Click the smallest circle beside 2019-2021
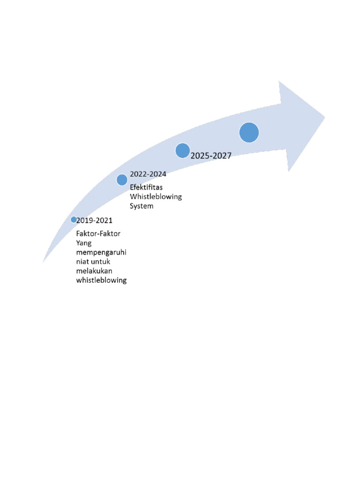[74, 219]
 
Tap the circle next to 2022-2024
[122, 180]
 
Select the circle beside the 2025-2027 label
[182, 150]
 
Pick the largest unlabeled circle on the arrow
[249, 132]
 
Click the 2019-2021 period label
[95, 219]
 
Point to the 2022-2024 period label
[148, 174]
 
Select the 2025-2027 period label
[211, 156]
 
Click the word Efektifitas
[146, 187]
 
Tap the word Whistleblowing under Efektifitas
[156, 196]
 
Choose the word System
[142, 206]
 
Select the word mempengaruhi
[101, 253]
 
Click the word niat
[82, 262]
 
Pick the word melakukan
[95, 271]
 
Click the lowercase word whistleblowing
[101, 280]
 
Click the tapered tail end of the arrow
[44, 260]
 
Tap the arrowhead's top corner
[279, 82]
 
